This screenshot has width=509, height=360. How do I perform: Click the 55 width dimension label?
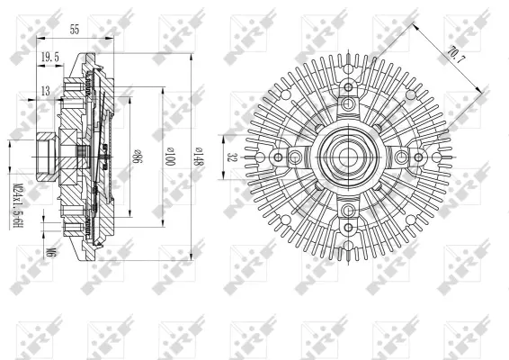[x=74, y=30]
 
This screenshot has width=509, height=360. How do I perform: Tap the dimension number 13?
[x=45, y=90]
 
